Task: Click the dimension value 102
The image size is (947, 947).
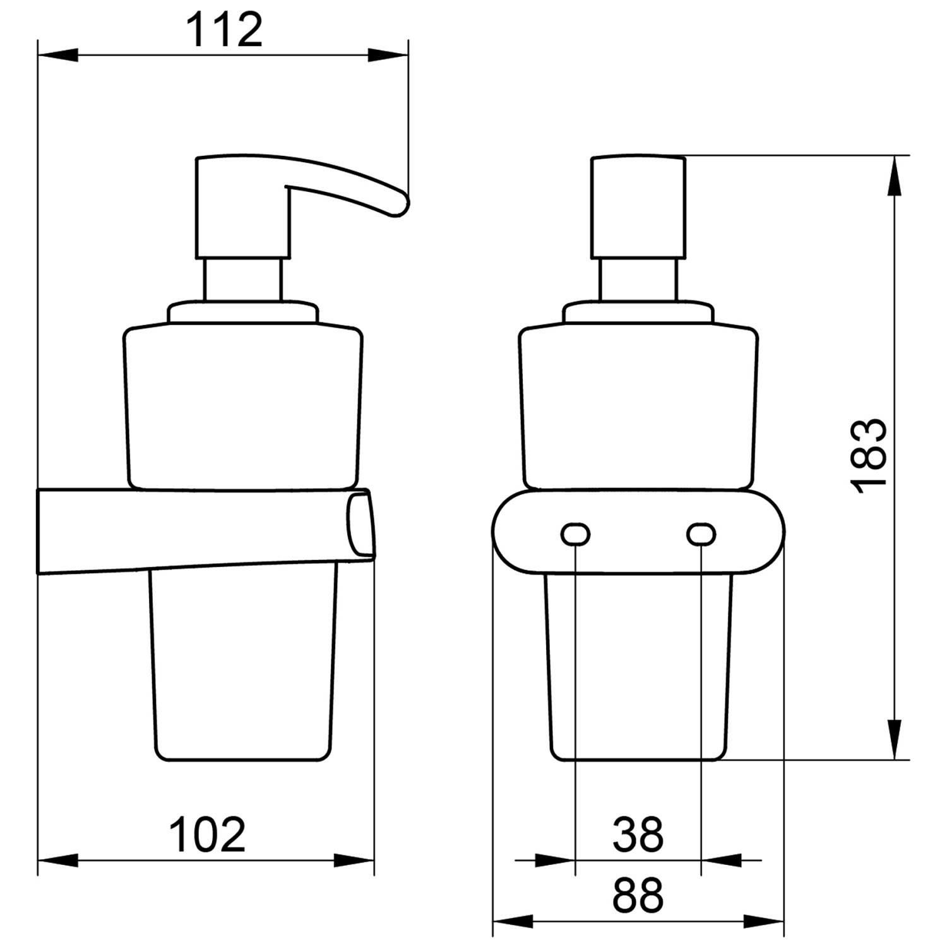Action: point(208,835)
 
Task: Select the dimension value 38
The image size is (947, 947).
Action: point(638,835)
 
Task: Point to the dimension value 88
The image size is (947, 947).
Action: point(638,895)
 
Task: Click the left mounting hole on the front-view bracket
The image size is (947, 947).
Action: point(575,535)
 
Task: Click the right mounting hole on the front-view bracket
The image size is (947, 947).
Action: point(701,535)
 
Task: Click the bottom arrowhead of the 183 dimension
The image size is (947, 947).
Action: point(895,739)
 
